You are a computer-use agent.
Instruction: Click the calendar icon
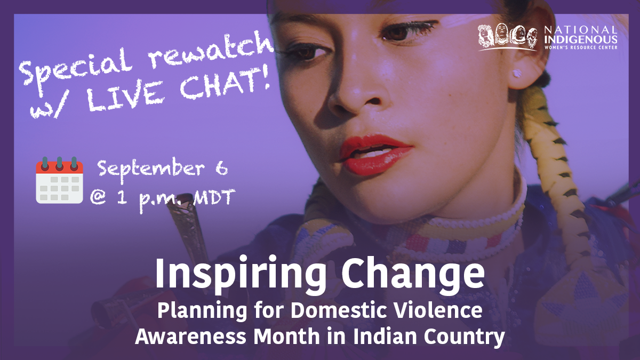coord(59,180)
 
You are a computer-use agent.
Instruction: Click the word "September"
coord(151,169)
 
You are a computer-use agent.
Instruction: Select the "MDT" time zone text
coord(214,197)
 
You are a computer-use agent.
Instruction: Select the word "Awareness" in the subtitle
coord(190,337)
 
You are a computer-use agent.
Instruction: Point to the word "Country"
coord(465,338)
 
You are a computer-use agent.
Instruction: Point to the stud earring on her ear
coord(517,74)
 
